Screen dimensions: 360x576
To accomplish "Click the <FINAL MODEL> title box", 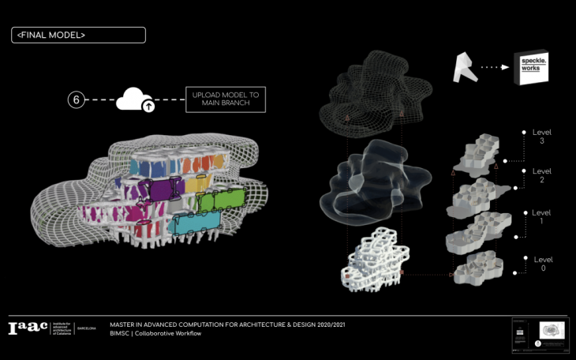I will (78, 35).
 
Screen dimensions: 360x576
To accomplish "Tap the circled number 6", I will (76, 99).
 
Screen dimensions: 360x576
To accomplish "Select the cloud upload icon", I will (136, 100).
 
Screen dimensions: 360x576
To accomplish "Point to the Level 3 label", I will (542, 135).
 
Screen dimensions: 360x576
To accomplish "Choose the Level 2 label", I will (542, 175).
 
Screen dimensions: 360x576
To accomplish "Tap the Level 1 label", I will (542, 219).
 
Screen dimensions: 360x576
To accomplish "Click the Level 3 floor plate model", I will (471, 155).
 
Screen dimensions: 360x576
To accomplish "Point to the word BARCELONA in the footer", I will (87, 328).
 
